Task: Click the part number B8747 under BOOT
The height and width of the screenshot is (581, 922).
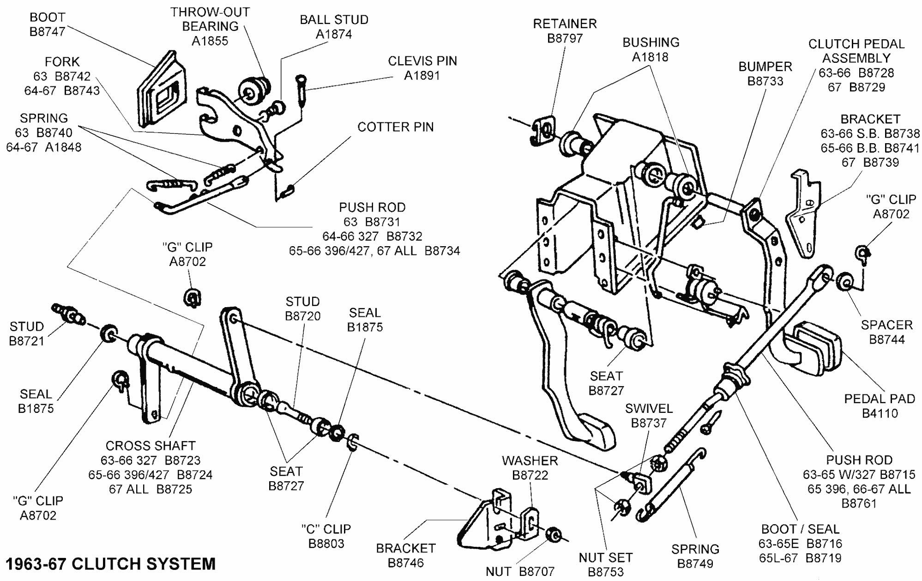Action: pyautogui.click(x=47, y=32)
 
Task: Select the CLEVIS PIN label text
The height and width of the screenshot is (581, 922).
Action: pyautogui.click(x=422, y=61)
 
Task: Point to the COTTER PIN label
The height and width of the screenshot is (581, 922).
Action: pyautogui.click(x=395, y=127)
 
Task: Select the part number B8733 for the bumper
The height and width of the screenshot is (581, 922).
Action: pyautogui.click(x=765, y=81)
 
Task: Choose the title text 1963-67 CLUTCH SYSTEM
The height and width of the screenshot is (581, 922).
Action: pyautogui.click(x=110, y=564)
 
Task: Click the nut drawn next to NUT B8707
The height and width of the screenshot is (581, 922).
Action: pyautogui.click(x=553, y=534)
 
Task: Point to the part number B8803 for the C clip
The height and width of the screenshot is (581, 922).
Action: pyautogui.click(x=326, y=543)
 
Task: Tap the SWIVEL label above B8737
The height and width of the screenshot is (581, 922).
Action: pyautogui.click(x=649, y=408)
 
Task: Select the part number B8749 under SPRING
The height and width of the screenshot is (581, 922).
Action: pyautogui.click(x=695, y=563)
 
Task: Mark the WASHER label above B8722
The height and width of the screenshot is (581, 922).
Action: pyautogui.click(x=530, y=460)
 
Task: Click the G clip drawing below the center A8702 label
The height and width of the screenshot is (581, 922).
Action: pyautogui.click(x=193, y=297)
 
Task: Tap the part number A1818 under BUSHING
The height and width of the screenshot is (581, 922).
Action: pyautogui.click(x=650, y=57)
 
